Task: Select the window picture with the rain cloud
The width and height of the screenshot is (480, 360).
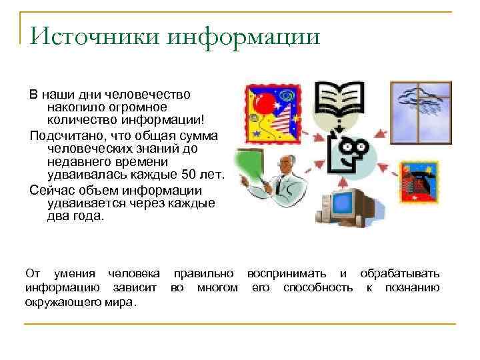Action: click(x=421, y=111)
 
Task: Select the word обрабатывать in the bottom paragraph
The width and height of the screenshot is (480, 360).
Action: click(x=399, y=274)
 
